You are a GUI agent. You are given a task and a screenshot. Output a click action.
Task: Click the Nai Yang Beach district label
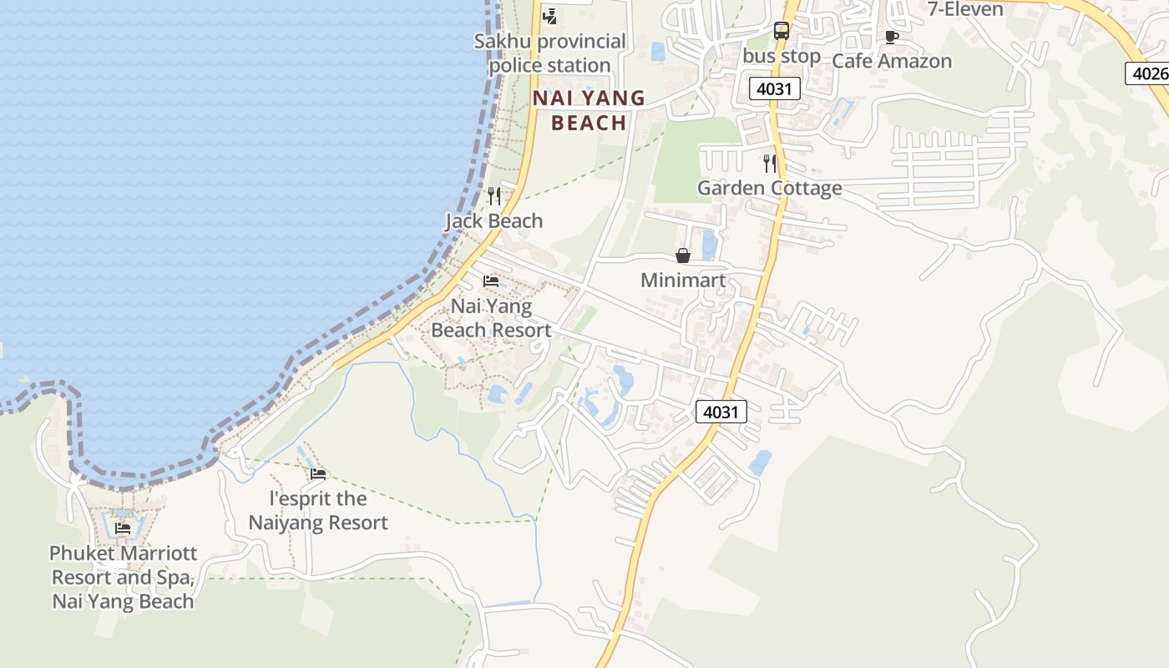(x=589, y=110)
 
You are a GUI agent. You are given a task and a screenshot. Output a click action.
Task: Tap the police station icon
(x=549, y=15)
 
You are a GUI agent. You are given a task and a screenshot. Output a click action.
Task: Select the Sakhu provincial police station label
(x=550, y=53)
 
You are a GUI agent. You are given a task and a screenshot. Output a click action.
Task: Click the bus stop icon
(x=781, y=31)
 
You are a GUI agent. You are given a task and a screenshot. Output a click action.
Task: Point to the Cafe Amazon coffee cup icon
(x=891, y=37)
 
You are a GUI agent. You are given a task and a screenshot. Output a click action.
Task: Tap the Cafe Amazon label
(x=892, y=61)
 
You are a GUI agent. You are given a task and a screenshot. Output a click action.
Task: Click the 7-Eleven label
(x=965, y=9)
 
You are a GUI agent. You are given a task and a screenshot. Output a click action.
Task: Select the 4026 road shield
(x=1149, y=73)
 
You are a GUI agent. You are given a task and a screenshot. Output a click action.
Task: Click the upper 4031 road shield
(x=775, y=89)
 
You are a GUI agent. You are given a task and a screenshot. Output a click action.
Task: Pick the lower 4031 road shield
(x=721, y=412)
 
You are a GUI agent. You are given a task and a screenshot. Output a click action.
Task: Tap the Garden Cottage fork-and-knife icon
(x=770, y=164)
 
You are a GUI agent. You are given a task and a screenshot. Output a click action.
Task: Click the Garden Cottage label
(x=770, y=188)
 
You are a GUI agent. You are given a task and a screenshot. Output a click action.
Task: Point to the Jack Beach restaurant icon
(x=494, y=196)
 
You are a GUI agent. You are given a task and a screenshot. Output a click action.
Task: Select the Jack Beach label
(x=494, y=221)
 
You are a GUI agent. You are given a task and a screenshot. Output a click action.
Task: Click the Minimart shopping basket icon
(x=683, y=256)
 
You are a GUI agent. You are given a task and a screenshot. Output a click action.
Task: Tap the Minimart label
(x=683, y=281)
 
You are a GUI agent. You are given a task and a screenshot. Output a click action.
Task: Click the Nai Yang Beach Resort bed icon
(x=491, y=281)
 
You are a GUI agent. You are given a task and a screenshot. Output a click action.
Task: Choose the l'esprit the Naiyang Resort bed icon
(x=318, y=474)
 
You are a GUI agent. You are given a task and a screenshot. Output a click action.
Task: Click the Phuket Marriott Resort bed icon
(x=123, y=528)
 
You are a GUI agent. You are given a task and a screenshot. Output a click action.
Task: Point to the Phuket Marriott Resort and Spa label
(x=123, y=577)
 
